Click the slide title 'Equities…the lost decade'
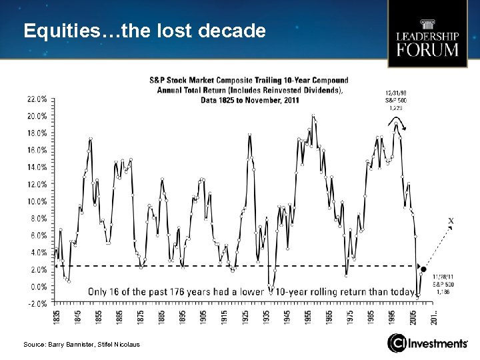coord(144,31)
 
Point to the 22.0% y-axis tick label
coord(37,98)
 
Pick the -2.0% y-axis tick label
coord(37,303)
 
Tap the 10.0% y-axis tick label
coord(37,201)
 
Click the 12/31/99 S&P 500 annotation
coord(394,100)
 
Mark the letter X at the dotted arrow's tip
coord(451,220)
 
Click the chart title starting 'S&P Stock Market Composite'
coord(248,90)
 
